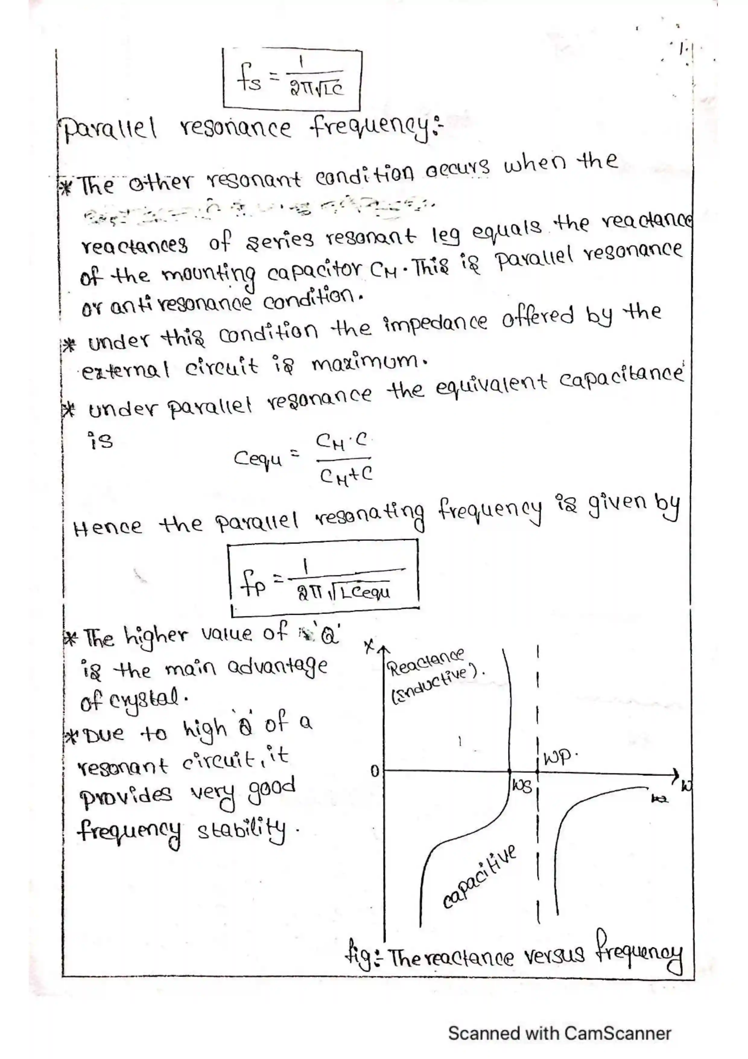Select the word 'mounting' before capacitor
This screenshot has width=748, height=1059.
click(209, 276)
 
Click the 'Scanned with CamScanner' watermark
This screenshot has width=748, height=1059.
click(559, 1033)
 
